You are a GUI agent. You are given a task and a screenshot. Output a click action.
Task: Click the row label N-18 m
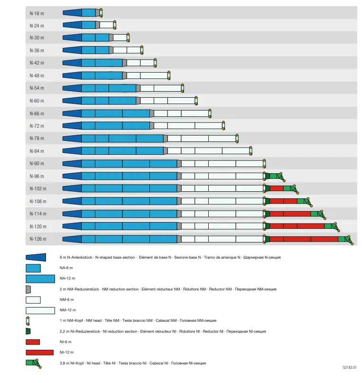pyautogui.click(x=37, y=13)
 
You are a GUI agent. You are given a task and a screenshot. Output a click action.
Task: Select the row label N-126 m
pyautogui.click(x=38, y=239)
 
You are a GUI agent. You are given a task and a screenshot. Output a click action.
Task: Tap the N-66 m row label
pyautogui.click(x=37, y=113)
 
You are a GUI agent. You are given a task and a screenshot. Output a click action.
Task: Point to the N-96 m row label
pyautogui.click(x=37, y=177)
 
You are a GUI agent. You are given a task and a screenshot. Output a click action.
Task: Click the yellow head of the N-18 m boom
pyautogui.click(x=101, y=13)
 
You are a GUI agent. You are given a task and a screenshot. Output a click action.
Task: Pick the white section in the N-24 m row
pyautogui.click(x=106, y=25)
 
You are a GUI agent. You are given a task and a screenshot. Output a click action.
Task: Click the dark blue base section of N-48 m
pyautogui.click(x=72, y=75)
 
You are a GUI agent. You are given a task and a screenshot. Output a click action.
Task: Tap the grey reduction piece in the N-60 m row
pyautogui.click(x=138, y=101)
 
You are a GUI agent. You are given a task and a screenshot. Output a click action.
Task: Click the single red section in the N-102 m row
pyautogui.click(x=277, y=188)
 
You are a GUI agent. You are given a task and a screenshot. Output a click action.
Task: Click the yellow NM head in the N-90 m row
pyautogui.click(x=264, y=163)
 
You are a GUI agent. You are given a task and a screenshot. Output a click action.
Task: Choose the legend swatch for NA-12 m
pyautogui.click(x=40, y=279)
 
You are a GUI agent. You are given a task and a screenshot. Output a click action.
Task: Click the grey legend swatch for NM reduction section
pyautogui.click(x=28, y=289)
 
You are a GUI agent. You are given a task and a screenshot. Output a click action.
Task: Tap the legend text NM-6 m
pyautogui.click(x=66, y=299)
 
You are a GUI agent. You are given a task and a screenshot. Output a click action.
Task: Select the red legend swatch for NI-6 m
pyautogui.click(x=33, y=342)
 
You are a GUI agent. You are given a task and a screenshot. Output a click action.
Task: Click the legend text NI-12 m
pyautogui.click(x=66, y=352)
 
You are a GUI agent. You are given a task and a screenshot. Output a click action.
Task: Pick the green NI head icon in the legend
pyautogui.click(x=34, y=364)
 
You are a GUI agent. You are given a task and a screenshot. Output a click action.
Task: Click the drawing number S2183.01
pyautogui.click(x=350, y=367)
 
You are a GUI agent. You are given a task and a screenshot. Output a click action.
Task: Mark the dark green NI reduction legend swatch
pyautogui.click(x=28, y=331)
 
